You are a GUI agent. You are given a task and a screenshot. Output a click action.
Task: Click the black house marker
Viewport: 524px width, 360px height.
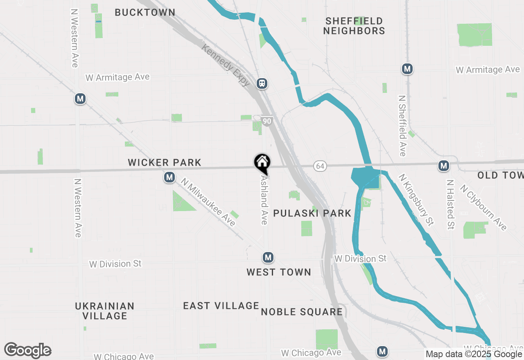click(x=262, y=162)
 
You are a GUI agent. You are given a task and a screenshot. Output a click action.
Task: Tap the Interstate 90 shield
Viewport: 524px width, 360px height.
click(x=267, y=121)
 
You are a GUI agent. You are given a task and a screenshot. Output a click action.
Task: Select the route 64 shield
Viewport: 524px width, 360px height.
click(x=320, y=166)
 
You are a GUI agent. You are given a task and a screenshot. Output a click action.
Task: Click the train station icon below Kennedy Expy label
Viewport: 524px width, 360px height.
click(x=262, y=83)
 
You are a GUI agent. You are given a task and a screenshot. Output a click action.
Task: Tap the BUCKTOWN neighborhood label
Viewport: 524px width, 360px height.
click(x=145, y=12)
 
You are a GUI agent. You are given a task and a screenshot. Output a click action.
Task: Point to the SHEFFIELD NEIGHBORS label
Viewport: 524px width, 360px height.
click(x=354, y=26)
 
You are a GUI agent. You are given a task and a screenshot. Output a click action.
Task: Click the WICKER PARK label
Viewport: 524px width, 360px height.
click(x=165, y=162)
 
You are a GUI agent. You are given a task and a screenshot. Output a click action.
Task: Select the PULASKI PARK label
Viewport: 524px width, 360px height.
click(x=312, y=213)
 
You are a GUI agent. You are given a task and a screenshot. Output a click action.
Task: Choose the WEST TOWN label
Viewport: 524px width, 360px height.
click(x=279, y=272)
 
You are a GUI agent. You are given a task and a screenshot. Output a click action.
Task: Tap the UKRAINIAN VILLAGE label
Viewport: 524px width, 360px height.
click(x=105, y=311)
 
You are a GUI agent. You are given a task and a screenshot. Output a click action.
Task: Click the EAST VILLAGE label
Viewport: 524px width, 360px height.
click(x=221, y=306)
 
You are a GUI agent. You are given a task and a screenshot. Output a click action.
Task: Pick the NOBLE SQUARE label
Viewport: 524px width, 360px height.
click(x=302, y=312)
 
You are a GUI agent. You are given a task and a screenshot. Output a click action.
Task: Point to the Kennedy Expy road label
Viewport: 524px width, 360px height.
click(x=226, y=65)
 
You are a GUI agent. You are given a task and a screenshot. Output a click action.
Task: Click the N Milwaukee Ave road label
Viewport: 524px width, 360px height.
click(x=208, y=202)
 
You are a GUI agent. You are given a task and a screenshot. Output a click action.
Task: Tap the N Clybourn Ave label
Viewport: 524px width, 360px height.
click(x=483, y=207)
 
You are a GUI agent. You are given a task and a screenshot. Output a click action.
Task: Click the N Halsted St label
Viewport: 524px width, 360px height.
click(x=451, y=205)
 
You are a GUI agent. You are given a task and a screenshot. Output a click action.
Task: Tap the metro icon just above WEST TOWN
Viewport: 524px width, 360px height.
click(x=268, y=257)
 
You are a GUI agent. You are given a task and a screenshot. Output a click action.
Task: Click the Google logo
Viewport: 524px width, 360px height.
click(x=28, y=350)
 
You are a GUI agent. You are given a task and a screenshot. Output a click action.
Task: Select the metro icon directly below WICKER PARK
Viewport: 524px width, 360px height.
click(x=169, y=177)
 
